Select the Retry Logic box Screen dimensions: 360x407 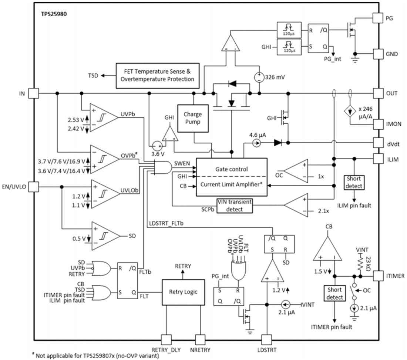[x=183, y=292]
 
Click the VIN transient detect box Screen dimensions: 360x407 [x=235, y=206]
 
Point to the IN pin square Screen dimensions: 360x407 [x=34, y=93]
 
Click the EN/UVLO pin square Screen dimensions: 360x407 [x=34, y=187]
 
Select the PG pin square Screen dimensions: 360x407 [x=377, y=17]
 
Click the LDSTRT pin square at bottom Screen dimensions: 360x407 [x=266, y=339]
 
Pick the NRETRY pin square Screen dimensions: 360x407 [x=200, y=339]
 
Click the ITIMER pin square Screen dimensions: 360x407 [x=377, y=276]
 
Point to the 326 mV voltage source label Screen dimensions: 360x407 [x=275, y=78]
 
